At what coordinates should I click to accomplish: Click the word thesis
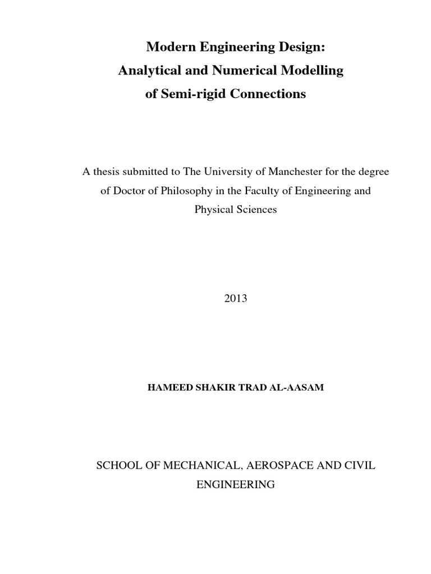[x=106, y=172]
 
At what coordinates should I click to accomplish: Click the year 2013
[x=235, y=299]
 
